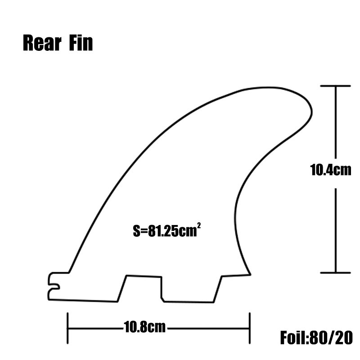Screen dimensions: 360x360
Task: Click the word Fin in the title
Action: pyautogui.click(x=81, y=44)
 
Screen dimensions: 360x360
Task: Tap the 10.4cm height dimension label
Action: pyautogui.click(x=330, y=171)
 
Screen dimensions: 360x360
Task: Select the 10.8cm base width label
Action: pyautogui.click(x=145, y=327)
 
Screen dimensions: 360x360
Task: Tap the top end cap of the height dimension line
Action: pyautogui.click(x=335, y=85)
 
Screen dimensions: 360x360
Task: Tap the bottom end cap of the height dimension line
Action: pyautogui.click(x=335, y=272)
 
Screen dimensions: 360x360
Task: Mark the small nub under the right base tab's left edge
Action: pyautogui.click(x=162, y=297)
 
